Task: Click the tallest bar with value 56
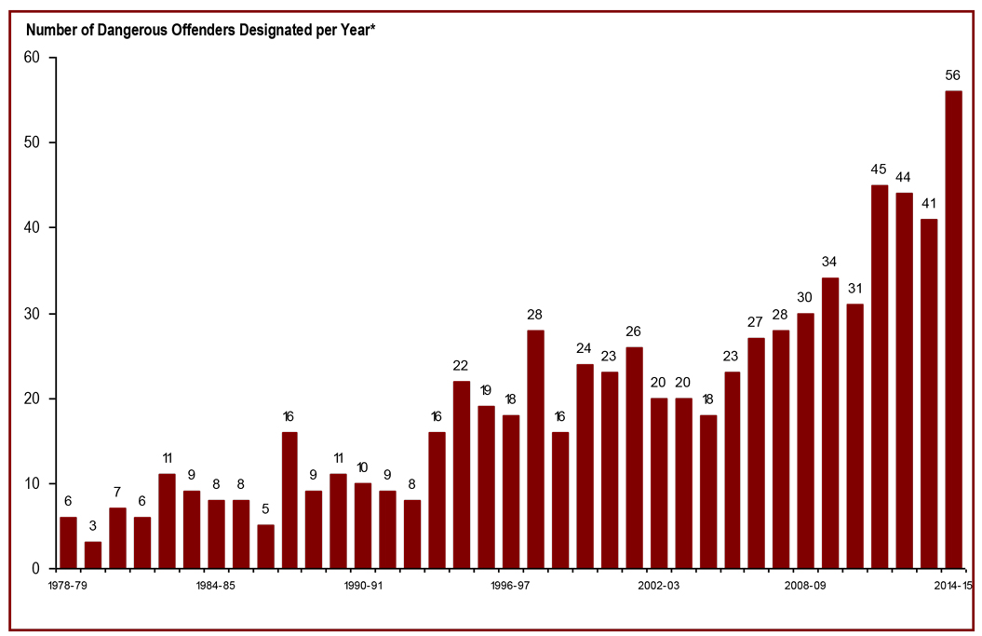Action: coord(953,330)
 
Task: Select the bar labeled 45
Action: coord(880,376)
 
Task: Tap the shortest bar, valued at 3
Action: coord(93,555)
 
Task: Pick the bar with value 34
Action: coord(830,423)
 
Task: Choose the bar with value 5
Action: coord(265,547)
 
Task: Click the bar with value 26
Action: coord(634,457)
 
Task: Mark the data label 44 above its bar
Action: coord(904,177)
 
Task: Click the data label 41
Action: coord(929,203)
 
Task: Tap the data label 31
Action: coord(854,288)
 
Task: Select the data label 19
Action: coord(486,389)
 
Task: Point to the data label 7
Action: coord(117,492)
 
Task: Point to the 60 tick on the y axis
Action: coord(33,58)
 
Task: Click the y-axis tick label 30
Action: coord(33,314)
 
